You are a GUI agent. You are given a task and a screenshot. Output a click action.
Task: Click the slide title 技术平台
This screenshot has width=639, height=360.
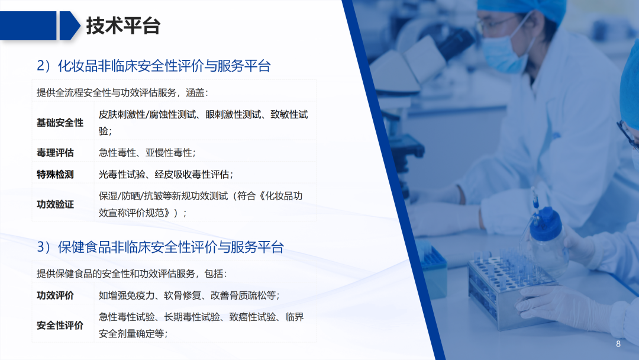(x=123, y=26)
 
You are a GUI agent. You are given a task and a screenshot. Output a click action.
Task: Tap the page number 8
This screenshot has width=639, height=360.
(x=618, y=344)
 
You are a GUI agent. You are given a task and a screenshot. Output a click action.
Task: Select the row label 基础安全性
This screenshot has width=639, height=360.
(x=60, y=123)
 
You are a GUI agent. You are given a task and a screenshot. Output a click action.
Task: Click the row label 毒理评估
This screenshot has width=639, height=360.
(x=55, y=153)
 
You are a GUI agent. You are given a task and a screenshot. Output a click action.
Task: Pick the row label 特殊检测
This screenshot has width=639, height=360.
(x=55, y=174)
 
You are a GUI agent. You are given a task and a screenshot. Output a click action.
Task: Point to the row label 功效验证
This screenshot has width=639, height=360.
(x=55, y=204)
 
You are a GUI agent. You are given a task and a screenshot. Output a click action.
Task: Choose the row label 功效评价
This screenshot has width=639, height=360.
(x=55, y=295)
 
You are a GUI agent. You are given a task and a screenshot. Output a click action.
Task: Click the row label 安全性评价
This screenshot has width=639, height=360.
(x=60, y=325)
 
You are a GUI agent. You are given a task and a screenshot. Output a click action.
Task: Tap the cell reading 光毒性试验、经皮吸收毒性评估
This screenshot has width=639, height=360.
(x=166, y=174)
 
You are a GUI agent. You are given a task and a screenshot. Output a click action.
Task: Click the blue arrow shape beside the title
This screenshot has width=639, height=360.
(x=69, y=26)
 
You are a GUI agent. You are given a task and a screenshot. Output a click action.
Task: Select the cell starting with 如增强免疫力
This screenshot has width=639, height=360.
(x=189, y=295)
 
